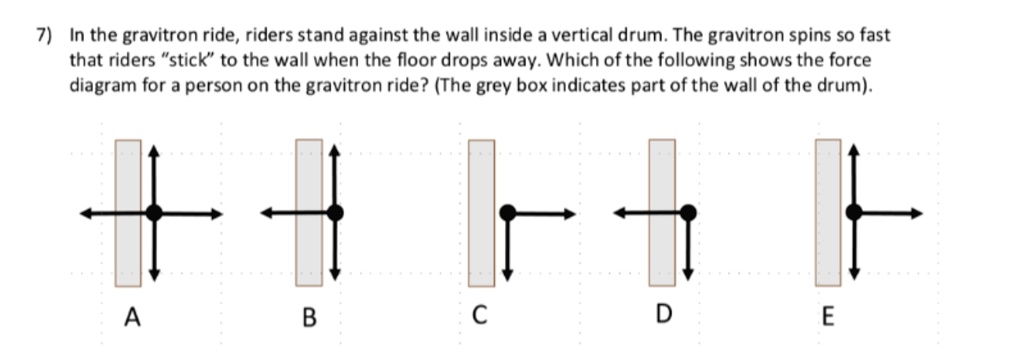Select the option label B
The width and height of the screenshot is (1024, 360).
[x=309, y=319]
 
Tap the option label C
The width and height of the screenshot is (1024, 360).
[x=480, y=319]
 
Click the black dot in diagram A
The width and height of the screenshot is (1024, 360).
[x=154, y=212]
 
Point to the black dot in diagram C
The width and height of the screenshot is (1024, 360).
[x=508, y=212]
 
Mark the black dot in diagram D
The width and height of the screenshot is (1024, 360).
[x=688, y=212]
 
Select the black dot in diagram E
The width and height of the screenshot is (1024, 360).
[x=854, y=212]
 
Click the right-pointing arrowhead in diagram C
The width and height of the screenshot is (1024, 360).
[x=571, y=212]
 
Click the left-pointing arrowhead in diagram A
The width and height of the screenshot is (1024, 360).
[x=87, y=212]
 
